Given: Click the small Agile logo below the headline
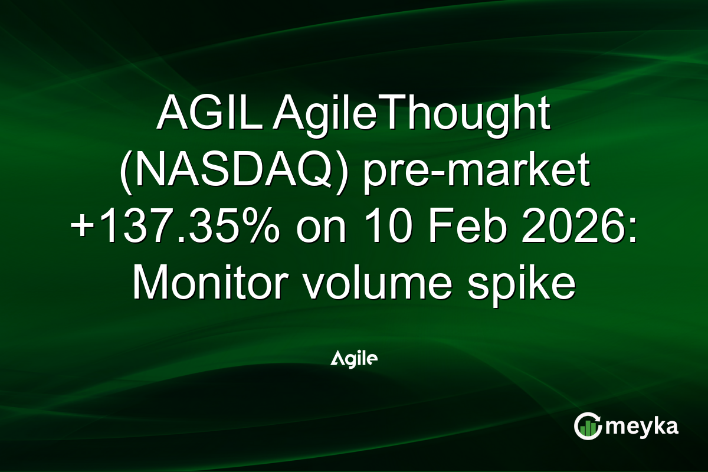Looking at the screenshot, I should (x=354, y=358).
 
